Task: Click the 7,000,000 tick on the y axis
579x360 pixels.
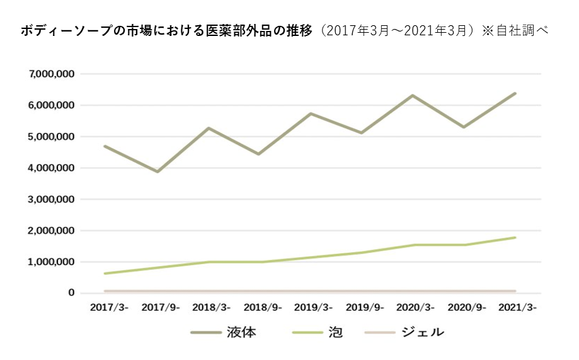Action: tap(52, 74)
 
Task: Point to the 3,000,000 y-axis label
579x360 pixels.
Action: tap(52, 199)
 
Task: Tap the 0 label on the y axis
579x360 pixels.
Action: tap(72, 293)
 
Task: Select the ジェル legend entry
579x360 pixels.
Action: tap(423, 332)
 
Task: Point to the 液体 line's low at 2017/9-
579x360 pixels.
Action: tap(158, 171)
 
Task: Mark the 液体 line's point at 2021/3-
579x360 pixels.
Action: tap(515, 93)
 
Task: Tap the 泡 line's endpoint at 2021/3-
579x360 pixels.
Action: tap(515, 238)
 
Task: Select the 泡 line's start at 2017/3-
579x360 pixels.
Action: tap(105, 274)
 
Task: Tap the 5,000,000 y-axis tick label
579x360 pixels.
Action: tap(52, 137)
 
